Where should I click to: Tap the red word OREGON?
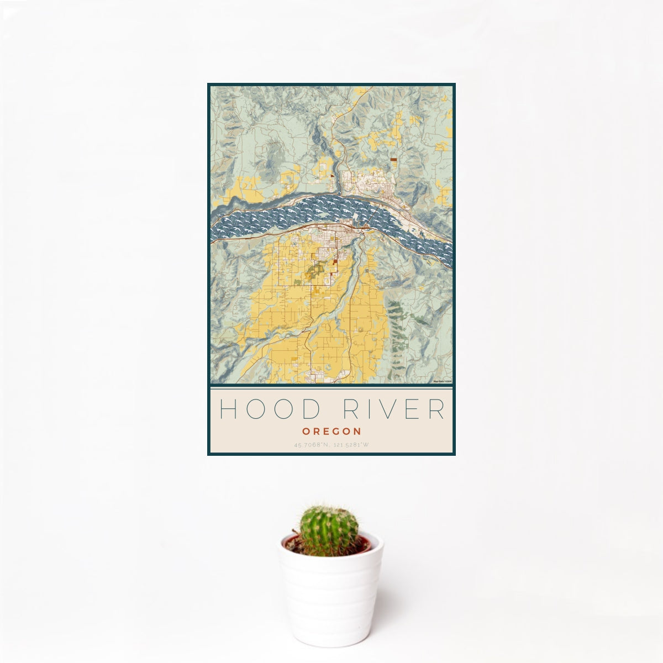tap(331, 431)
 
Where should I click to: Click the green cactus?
tap(329, 530)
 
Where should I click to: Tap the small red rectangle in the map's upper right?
tap(393, 159)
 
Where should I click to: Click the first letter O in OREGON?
tap(306, 431)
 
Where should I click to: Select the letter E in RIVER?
tap(412, 409)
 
